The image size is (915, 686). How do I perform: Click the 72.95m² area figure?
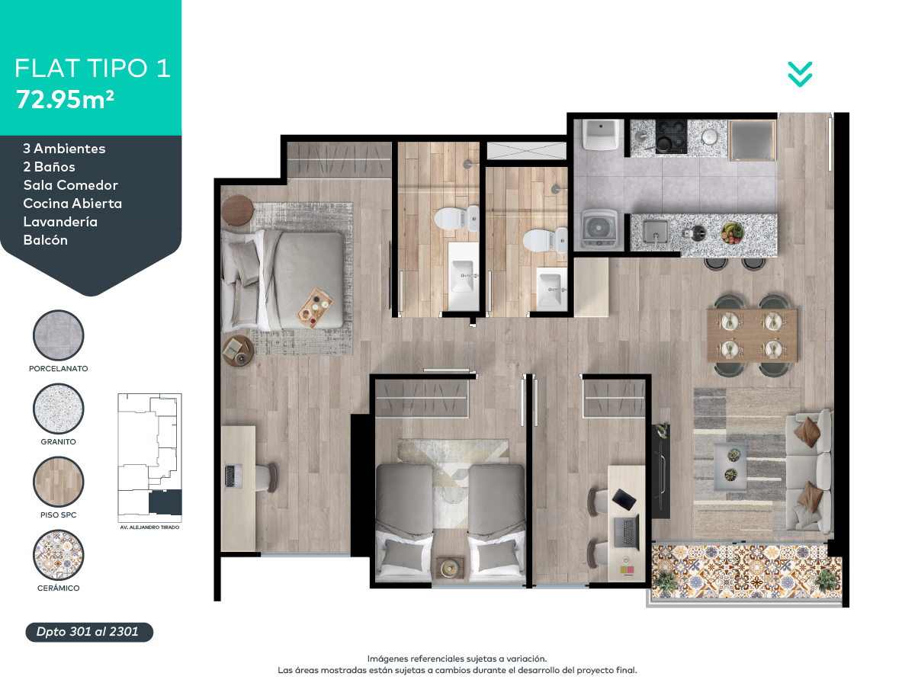(x=65, y=100)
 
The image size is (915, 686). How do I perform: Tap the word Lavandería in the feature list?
(x=60, y=222)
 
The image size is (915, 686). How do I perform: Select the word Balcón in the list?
(x=46, y=240)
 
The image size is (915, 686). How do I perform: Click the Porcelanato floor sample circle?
(x=59, y=335)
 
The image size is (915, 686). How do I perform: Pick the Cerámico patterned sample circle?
(x=59, y=555)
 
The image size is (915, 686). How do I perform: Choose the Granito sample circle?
(x=59, y=409)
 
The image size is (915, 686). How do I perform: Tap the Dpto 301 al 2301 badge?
(x=89, y=632)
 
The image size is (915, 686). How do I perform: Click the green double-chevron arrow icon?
(x=800, y=74)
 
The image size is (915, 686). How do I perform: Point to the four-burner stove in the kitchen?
(x=671, y=136)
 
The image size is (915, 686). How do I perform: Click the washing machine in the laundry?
(x=599, y=230)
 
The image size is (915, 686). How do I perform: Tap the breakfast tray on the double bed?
(x=315, y=308)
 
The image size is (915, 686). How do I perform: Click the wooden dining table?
(x=752, y=335)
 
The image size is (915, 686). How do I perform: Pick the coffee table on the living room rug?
(x=730, y=466)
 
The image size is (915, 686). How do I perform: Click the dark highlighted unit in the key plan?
(x=165, y=502)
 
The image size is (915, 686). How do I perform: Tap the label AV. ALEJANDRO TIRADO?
(x=149, y=527)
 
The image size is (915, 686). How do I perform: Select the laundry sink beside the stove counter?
(x=600, y=134)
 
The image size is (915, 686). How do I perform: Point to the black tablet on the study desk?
(x=624, y=498)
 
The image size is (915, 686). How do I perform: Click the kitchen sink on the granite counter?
(x=655, y=232)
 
